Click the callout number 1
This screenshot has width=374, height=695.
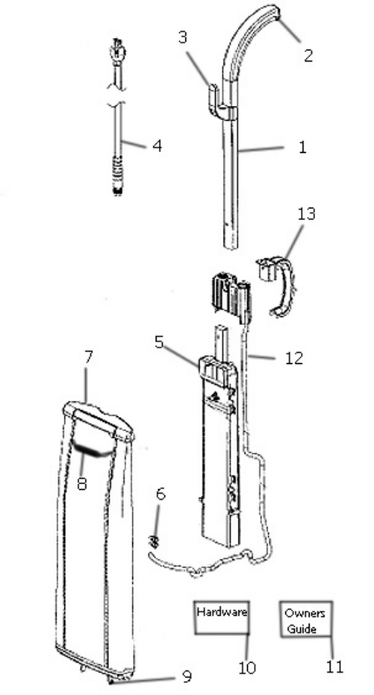pos(302,147)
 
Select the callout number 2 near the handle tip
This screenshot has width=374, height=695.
pos(308,56)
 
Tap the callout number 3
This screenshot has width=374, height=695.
pos(183,37)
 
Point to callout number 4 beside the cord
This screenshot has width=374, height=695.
pos(157,145)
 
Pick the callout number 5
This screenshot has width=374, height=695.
pos(159,342)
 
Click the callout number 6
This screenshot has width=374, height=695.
pos(161,493)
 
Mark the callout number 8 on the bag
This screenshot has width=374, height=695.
pos(82,483)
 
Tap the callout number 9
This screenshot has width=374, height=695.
pos(187,677)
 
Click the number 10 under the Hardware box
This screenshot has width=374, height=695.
pos(247,668)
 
